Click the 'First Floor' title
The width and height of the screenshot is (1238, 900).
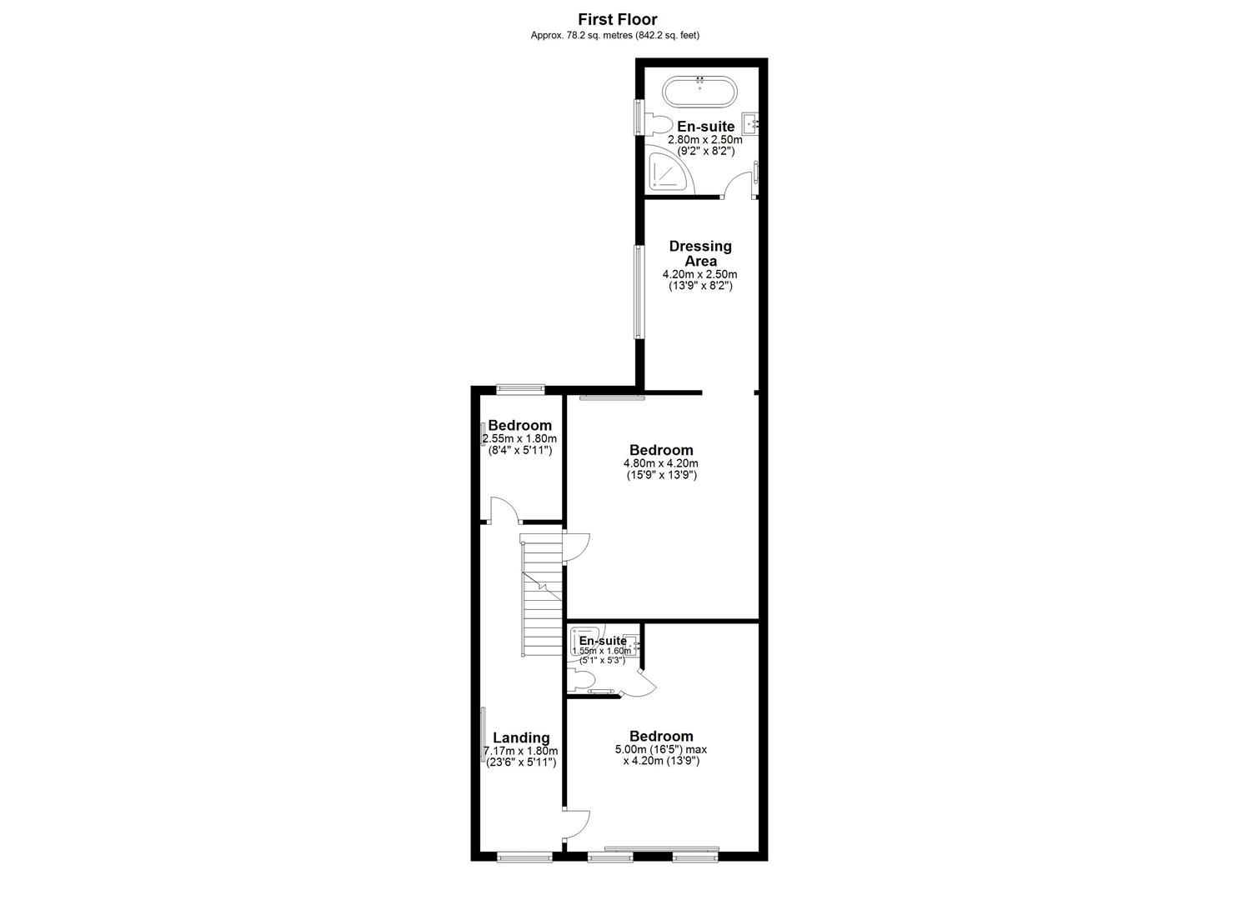(618, 19)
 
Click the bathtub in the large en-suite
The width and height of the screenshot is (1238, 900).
(699, 92)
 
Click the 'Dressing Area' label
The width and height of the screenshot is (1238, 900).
(700, 253)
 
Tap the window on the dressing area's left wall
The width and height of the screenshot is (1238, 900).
(639, 291)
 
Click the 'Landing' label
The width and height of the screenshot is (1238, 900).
(521, 737)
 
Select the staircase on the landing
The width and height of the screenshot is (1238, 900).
(542, 596)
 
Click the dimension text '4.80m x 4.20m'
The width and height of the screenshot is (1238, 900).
(661, 463)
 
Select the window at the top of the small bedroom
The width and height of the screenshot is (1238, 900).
(520, 387)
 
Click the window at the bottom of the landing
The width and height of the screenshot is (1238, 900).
(524, 856)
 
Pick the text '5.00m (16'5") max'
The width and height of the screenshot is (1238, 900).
(661, 749)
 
